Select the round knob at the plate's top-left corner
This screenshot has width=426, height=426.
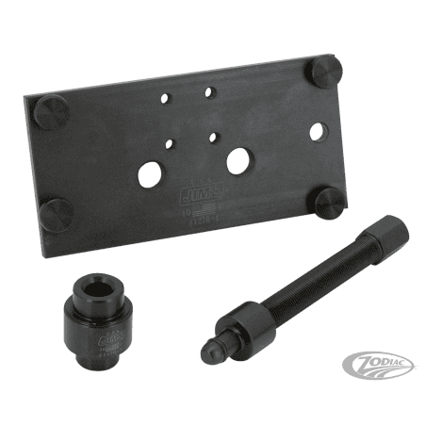[48, 117]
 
